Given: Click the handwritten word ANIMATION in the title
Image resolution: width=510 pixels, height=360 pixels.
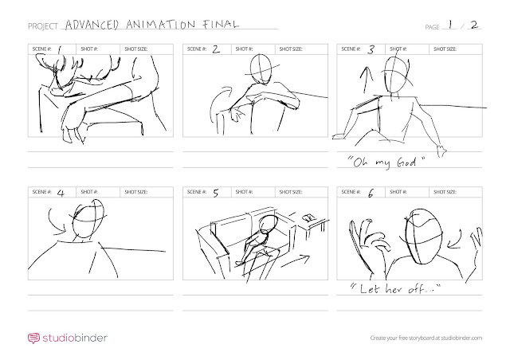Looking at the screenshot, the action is click(161, 25).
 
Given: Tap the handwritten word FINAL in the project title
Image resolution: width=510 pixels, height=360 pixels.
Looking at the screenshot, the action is click(221, 24).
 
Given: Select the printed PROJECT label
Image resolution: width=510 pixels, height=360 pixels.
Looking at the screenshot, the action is click(42, 26).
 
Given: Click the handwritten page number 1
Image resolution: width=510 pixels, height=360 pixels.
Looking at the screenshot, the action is click(451, 25).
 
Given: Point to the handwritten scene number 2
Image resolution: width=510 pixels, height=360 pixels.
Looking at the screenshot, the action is click(216, 49).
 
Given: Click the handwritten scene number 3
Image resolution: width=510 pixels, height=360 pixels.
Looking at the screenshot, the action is click(371, 49).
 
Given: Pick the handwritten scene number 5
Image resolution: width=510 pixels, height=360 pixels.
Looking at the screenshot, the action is click(216, 193).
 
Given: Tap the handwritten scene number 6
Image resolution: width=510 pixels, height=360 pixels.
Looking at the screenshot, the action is click(371, 194).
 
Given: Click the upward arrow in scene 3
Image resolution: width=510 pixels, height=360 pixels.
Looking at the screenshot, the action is click(366, 80).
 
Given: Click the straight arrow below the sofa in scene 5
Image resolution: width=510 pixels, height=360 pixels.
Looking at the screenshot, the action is click(296, 260).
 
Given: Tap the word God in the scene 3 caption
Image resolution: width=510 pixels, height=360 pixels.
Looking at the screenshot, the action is click(406, 162).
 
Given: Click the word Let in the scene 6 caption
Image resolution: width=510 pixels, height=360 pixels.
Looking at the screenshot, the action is click(370, 288).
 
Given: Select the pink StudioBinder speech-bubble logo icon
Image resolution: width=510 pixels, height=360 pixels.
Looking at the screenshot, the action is click(33, 338).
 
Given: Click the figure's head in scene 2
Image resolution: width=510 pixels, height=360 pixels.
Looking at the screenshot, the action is click(261, 69).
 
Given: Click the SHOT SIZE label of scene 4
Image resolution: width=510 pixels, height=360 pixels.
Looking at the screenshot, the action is click(136, 192).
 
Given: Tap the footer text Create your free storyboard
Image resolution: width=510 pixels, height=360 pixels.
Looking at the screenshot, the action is click(406, 338).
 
